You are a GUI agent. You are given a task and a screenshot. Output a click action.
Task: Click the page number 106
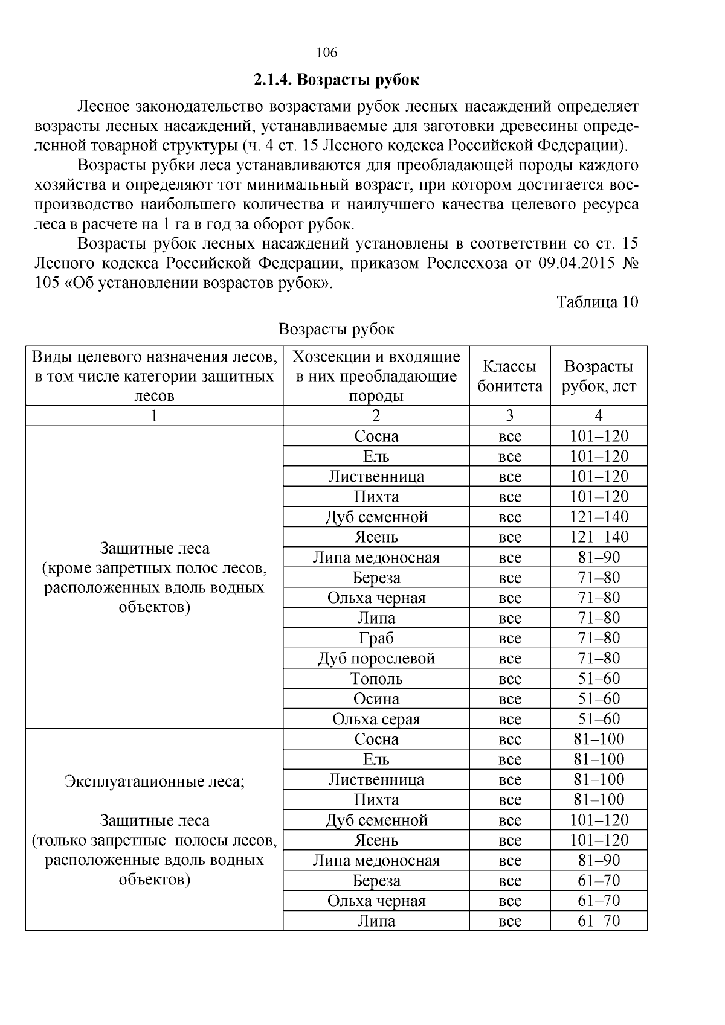326,53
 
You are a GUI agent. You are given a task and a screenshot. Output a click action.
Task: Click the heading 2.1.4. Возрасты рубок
336,80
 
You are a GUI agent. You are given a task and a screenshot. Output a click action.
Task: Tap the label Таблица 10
597,302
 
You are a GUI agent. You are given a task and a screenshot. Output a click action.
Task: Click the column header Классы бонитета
509,376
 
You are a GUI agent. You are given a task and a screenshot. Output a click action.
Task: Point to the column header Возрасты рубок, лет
598,376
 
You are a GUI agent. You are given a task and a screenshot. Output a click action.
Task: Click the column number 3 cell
509,415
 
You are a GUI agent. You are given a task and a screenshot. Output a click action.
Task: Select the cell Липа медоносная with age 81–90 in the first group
376,557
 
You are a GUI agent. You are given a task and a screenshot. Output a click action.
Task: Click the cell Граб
376,638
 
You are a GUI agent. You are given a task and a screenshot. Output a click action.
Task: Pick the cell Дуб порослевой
376,659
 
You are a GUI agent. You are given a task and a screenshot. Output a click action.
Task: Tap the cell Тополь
376,679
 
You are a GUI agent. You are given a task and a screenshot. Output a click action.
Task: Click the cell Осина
376,699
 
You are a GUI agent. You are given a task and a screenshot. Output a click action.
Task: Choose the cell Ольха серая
376,719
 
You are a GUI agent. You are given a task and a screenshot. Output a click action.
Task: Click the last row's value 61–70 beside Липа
598,921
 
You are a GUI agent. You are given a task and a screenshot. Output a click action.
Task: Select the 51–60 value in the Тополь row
598,679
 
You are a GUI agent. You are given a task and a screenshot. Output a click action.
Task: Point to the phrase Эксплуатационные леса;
154,782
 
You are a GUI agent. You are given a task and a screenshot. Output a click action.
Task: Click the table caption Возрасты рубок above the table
336,329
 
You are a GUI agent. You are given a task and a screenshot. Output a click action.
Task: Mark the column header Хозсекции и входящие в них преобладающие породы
376,376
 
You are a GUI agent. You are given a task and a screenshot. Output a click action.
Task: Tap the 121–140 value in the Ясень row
598,537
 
